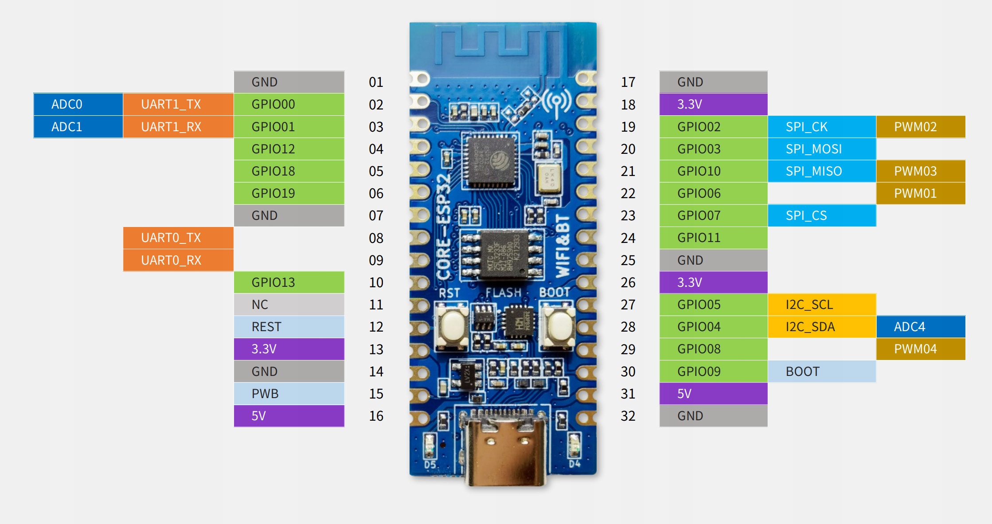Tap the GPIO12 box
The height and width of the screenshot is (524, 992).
click(289, 149)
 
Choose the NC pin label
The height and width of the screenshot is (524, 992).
click(289, 305)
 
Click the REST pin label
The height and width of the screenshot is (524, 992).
click(289, 327)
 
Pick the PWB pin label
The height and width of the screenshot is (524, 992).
click(289, 394)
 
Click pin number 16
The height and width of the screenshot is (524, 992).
click(376, 416)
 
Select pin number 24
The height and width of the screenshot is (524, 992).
click(628, 238)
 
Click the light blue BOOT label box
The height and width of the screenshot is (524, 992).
click(822, 371)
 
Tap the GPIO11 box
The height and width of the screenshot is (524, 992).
click(713, 238)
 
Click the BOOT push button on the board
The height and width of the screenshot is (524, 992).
click(558, 326)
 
